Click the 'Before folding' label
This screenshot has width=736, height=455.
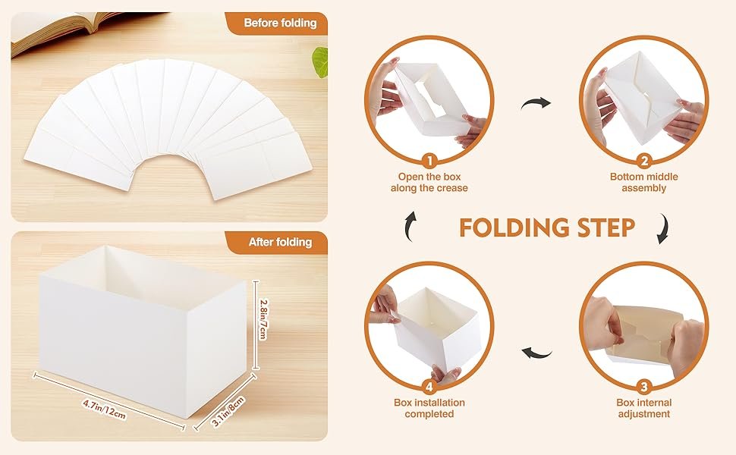[x=280, y=23]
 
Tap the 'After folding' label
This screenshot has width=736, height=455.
[x=280, y=242]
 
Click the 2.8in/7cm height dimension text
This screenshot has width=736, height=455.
[x=263, y=319]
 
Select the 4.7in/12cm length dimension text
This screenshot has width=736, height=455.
[x=104, y=409]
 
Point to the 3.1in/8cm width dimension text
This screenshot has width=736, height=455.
[x=228, y=411]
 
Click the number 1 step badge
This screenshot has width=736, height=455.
[x=429, y=162]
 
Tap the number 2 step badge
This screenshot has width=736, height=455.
[x=644, y=162]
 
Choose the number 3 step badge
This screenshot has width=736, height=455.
[x=644, y=387]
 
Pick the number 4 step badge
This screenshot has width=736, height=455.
[x=429, y=387]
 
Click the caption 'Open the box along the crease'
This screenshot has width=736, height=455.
[x=429, y=183]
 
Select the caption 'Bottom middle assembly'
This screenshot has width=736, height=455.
[x=644, y=183]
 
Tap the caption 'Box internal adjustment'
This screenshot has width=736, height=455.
[x=644, y=408]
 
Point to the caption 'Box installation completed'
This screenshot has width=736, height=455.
[x=429, y=408]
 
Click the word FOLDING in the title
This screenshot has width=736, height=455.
[x=514, y=228]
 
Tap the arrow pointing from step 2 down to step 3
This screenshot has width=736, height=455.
[x=665, y=228]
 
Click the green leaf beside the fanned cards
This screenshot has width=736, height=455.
[x=321, y=62]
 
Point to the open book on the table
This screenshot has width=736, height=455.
[x=71, y=28]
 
